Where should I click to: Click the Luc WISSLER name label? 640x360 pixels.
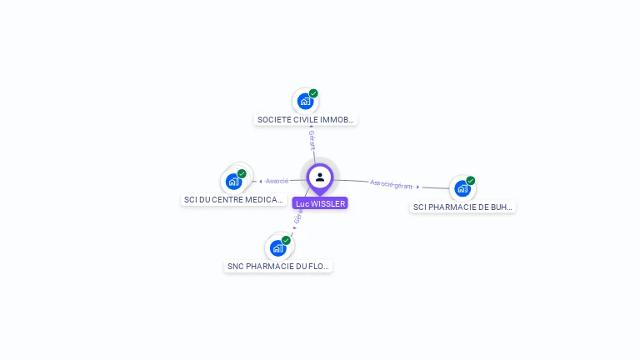pos(320,203)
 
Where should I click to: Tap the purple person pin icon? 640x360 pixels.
pos(320,177)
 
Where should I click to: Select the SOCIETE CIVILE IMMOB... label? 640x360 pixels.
pos(306,120)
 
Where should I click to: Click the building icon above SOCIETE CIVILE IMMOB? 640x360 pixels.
pos(305,102)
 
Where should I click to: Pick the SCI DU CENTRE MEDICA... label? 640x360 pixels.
pos(233,200)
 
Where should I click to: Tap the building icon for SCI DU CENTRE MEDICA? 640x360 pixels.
pos(233,181)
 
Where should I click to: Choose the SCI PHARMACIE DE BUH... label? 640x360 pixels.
pos(462,207)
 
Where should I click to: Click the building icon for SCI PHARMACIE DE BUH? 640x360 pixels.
pos(462,188)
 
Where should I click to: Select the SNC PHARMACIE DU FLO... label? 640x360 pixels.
pos(278,267)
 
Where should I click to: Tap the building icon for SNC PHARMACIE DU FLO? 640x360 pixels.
pos(278,247)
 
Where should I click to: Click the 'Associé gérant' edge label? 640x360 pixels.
pos(391,184)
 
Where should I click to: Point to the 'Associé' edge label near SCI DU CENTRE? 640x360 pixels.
pos(277,181)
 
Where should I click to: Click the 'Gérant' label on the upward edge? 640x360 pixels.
pos(312,140)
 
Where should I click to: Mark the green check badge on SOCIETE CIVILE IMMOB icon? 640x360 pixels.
pos(313,93)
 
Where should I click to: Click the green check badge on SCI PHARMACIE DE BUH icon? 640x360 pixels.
pos(471,180)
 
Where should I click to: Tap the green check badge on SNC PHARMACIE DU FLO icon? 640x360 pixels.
pos(286,240)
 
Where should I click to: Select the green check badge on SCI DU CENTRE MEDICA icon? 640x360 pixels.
pos(242,173)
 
